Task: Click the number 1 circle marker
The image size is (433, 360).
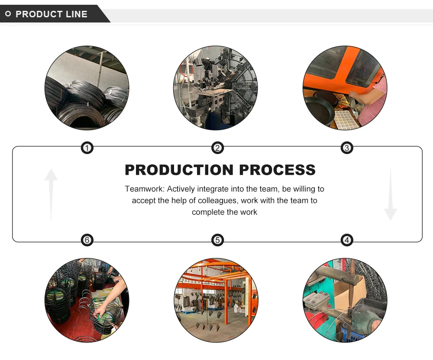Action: (x=87, y=148)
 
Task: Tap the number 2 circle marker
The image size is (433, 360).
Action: (x=217, y=148)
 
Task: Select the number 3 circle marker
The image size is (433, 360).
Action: (x=346, y=148)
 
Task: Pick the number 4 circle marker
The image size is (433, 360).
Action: (x=346, y=240)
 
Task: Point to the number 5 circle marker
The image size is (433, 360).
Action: (x=217, y=240)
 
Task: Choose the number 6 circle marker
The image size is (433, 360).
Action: (x=87, y=240)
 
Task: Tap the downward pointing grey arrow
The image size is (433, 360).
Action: (x=390, y=195)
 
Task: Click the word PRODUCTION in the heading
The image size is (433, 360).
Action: (x=179, y=170)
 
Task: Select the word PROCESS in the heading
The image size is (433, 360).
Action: (x=278, y=170)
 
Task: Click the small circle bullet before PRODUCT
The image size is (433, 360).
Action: (x=8, y=14)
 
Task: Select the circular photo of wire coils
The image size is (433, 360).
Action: (x=87, y=88)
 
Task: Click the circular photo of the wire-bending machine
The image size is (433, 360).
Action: (x=216, y=88)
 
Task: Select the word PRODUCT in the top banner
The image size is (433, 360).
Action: (x=39, y=14)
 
